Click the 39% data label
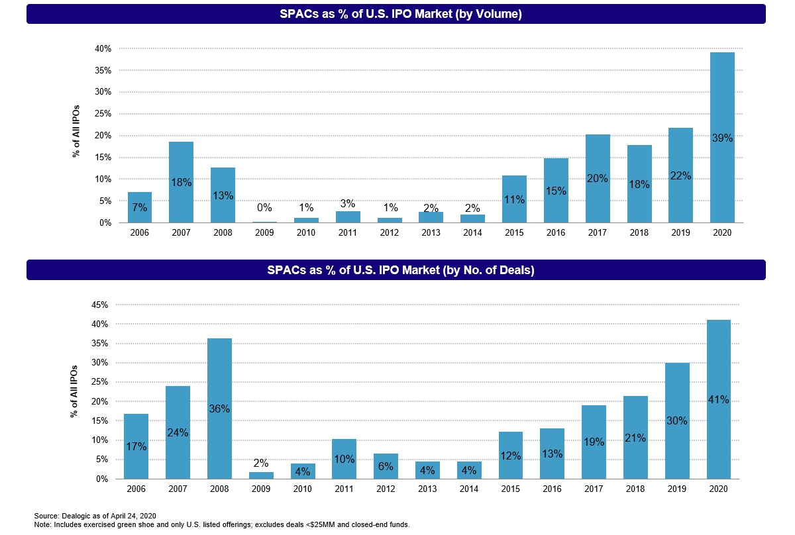coord(722,138)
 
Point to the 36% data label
coord(220,409)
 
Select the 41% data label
coord(719,399)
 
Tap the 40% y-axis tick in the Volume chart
coord(103,48)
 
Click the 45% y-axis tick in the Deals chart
coord(103,305)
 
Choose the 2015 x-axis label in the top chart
coord(513,233)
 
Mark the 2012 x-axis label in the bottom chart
coord(386,489)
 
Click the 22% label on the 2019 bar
coord(680,176)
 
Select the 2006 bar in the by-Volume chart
coord(140,207)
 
